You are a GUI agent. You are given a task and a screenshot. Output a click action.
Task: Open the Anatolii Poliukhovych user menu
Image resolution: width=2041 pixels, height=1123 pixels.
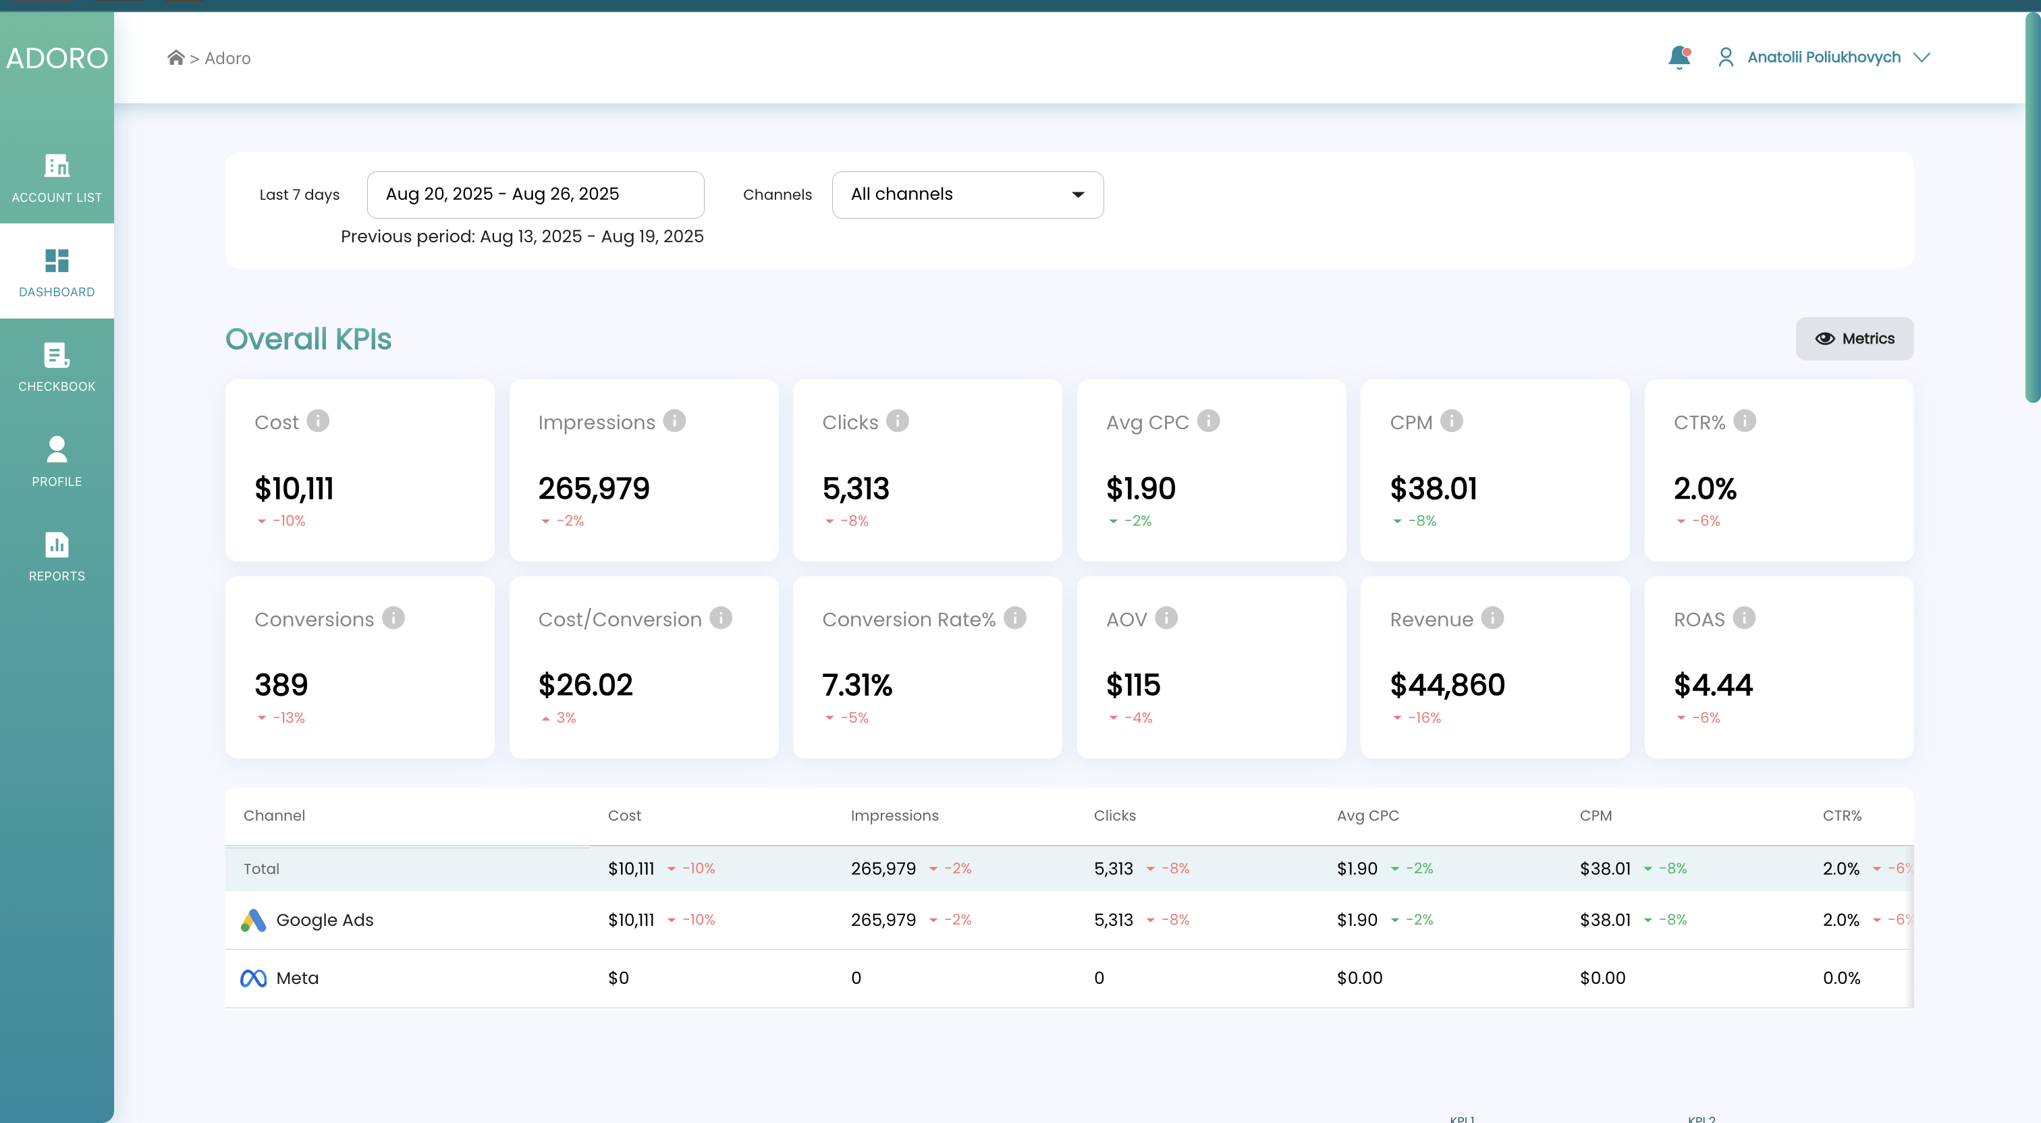click(x=1823, y=57)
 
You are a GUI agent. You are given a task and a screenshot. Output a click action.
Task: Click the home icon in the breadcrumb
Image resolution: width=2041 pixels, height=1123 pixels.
click(x=176, y=57)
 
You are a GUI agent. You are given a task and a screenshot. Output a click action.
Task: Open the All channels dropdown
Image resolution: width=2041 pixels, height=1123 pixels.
click(x=967, y=194)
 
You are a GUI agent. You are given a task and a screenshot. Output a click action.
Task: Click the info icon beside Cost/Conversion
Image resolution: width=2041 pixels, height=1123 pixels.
click(x=720, y=618)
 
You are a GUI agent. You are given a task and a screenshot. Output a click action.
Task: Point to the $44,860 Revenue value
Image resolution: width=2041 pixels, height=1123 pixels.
click(x=1447, y=685)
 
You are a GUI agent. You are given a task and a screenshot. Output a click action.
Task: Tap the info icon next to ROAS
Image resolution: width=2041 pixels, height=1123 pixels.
click(x=1743, y=618)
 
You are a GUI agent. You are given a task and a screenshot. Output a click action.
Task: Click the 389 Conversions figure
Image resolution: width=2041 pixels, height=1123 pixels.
click(x=281, y=685)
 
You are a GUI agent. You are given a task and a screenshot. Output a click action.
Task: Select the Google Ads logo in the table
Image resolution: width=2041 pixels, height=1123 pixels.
click(x=252, y=920)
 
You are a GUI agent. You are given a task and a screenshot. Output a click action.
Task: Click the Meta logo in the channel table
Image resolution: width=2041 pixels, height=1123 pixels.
click(x=252, y=979)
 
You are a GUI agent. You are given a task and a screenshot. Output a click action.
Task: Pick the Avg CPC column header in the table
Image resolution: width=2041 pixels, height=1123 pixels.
click(x=1367, y=815)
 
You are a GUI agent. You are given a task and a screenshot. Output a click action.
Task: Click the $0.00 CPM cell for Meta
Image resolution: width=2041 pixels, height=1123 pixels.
click(x=1602, y=978)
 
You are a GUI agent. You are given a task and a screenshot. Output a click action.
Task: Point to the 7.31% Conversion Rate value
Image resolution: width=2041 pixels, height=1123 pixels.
click(x=856, y=685)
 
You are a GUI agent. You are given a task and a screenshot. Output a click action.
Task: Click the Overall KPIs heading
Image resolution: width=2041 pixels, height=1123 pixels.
click(x=308, y=339)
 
